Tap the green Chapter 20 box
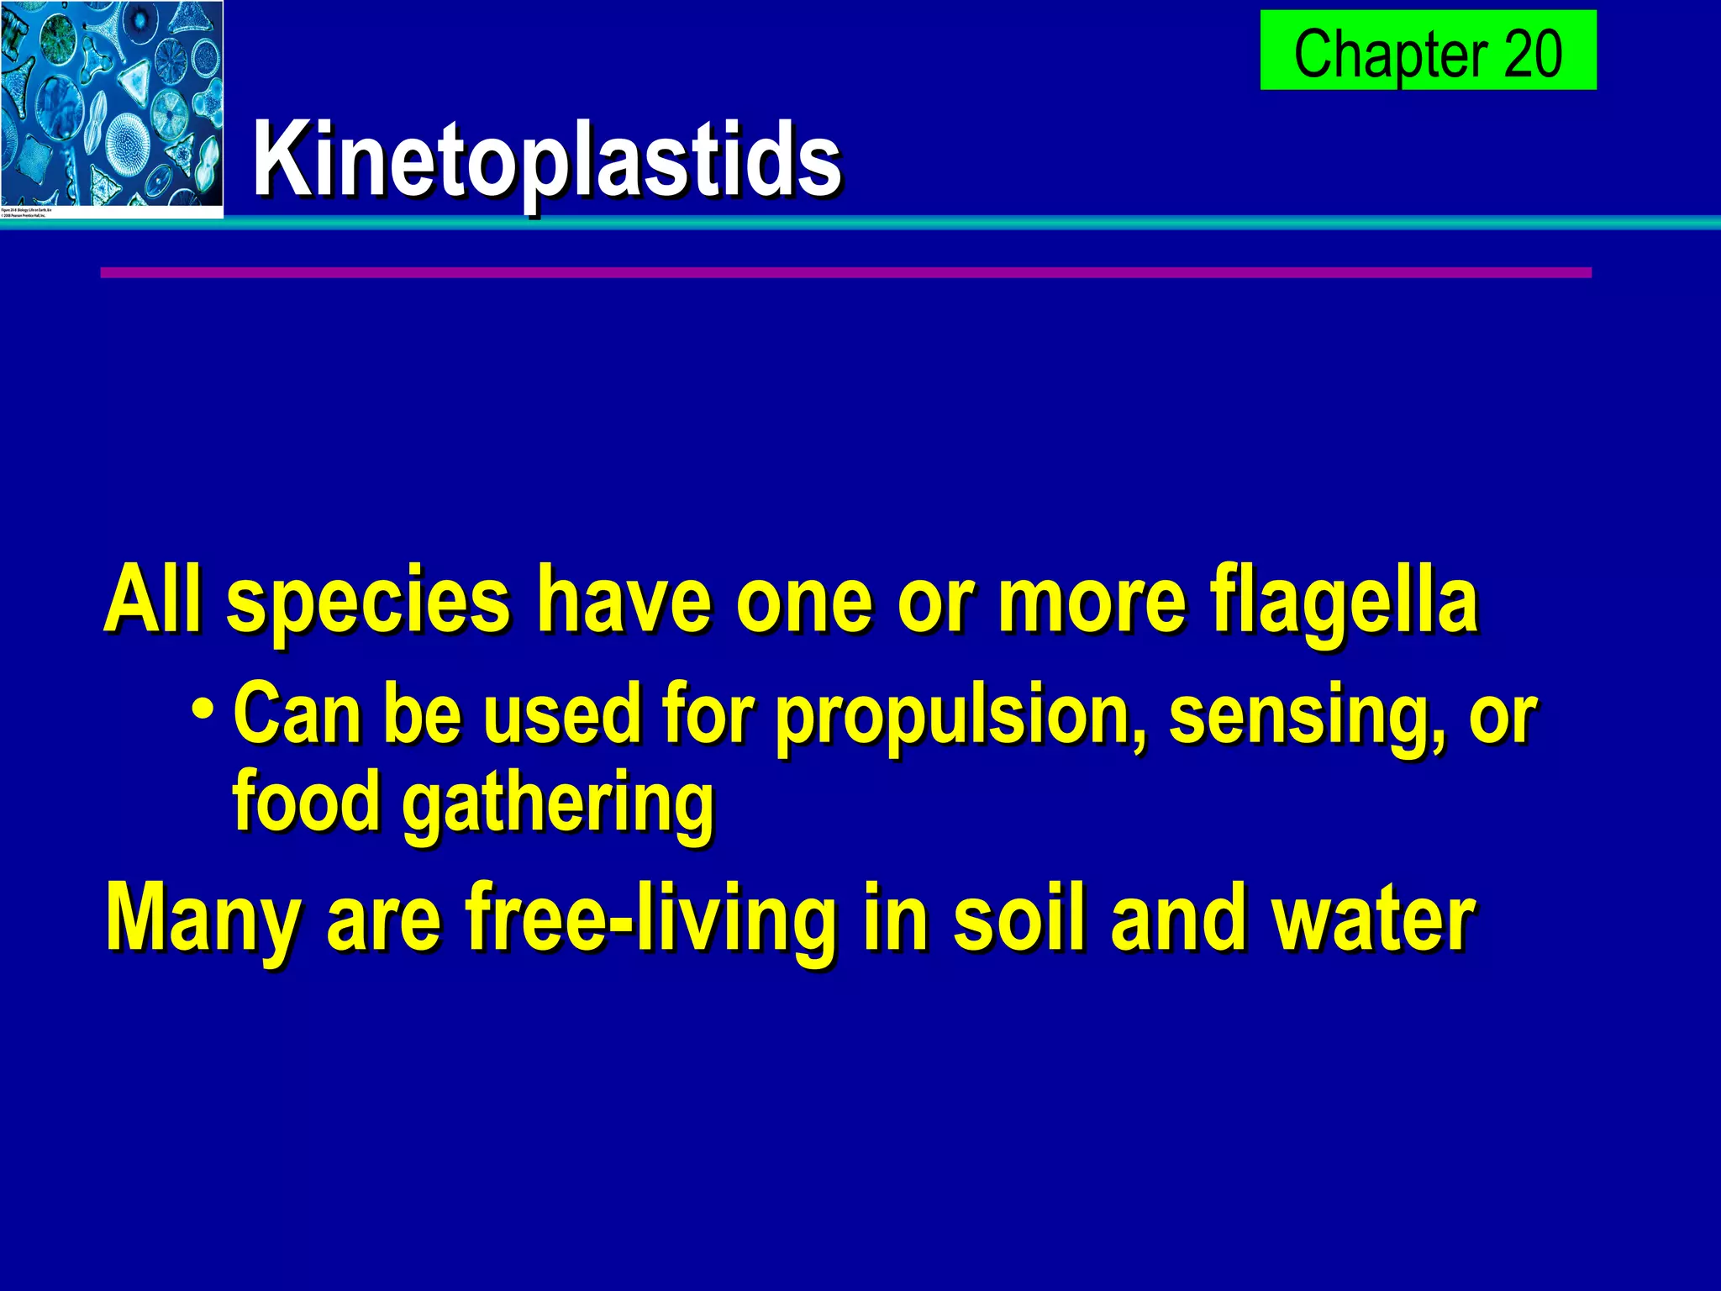click(1428, 50)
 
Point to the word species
click(368, 602)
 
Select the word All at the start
click(153, 600)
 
